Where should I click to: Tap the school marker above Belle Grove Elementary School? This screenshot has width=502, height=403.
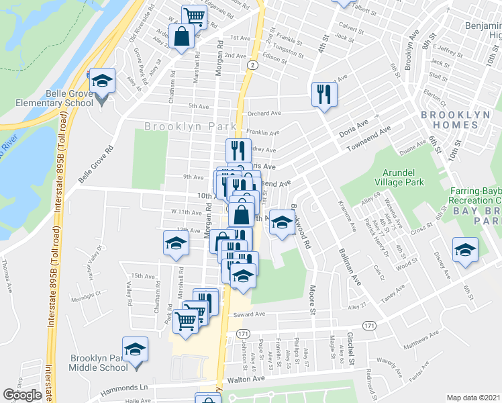point(102,82)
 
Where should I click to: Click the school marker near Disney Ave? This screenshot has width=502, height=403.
point(465,251)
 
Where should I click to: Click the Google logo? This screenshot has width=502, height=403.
point(23,395)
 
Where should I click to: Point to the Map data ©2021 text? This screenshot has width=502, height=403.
point(474,397)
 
